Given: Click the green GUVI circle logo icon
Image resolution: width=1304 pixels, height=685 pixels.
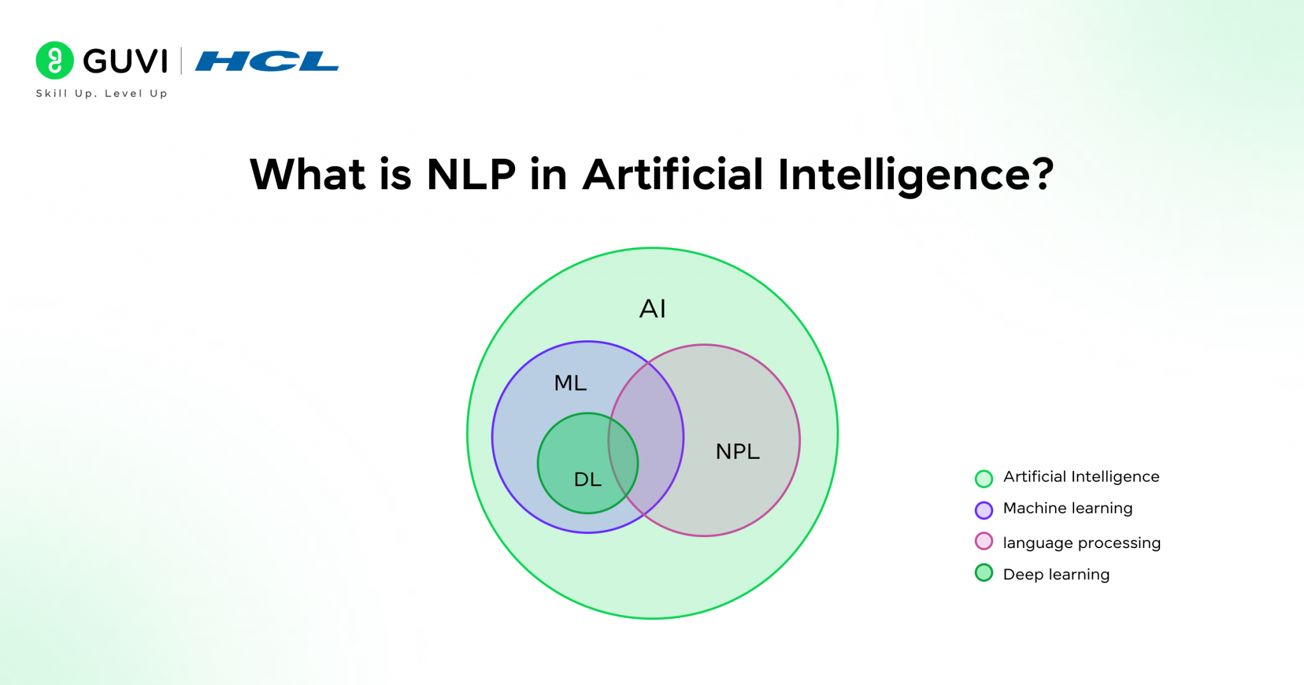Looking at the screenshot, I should point(55,61).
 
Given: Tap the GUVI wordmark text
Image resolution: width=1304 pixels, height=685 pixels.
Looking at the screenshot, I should point(125,61).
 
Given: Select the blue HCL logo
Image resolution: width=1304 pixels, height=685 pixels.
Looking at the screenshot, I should point(266,61).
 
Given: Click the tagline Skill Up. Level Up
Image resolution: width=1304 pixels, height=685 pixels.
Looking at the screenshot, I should point(102,94).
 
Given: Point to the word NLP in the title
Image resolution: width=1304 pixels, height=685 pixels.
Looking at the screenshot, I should point(471,175).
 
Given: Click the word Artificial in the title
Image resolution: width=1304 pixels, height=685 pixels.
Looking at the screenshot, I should point(672,175).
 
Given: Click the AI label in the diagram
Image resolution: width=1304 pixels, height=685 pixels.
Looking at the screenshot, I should point(652,309).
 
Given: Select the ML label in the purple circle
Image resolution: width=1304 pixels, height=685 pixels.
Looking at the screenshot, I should point(570,383).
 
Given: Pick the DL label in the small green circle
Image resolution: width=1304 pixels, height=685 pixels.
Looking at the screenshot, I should point(588,479).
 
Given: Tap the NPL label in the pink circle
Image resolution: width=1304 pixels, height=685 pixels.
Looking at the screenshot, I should point(737,452).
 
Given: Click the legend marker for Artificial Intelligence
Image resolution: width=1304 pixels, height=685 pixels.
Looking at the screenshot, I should point(984,479).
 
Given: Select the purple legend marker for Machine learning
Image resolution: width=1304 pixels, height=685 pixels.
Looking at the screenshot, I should point(984,510).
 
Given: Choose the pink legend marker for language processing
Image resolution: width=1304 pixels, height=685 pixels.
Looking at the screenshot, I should point(984,542).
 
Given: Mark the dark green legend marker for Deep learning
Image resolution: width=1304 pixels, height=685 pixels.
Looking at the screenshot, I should point(984,573).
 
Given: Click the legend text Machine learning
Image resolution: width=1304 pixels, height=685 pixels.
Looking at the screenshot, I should point(1068,508).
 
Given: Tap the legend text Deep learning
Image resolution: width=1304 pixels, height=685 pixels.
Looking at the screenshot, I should point(1056,575).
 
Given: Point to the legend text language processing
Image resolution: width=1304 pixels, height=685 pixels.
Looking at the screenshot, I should point(1082,543).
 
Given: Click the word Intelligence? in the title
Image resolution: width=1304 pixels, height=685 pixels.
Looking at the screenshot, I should point(914,175).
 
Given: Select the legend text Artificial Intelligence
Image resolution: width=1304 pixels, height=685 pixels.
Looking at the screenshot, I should point(1081,477).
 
